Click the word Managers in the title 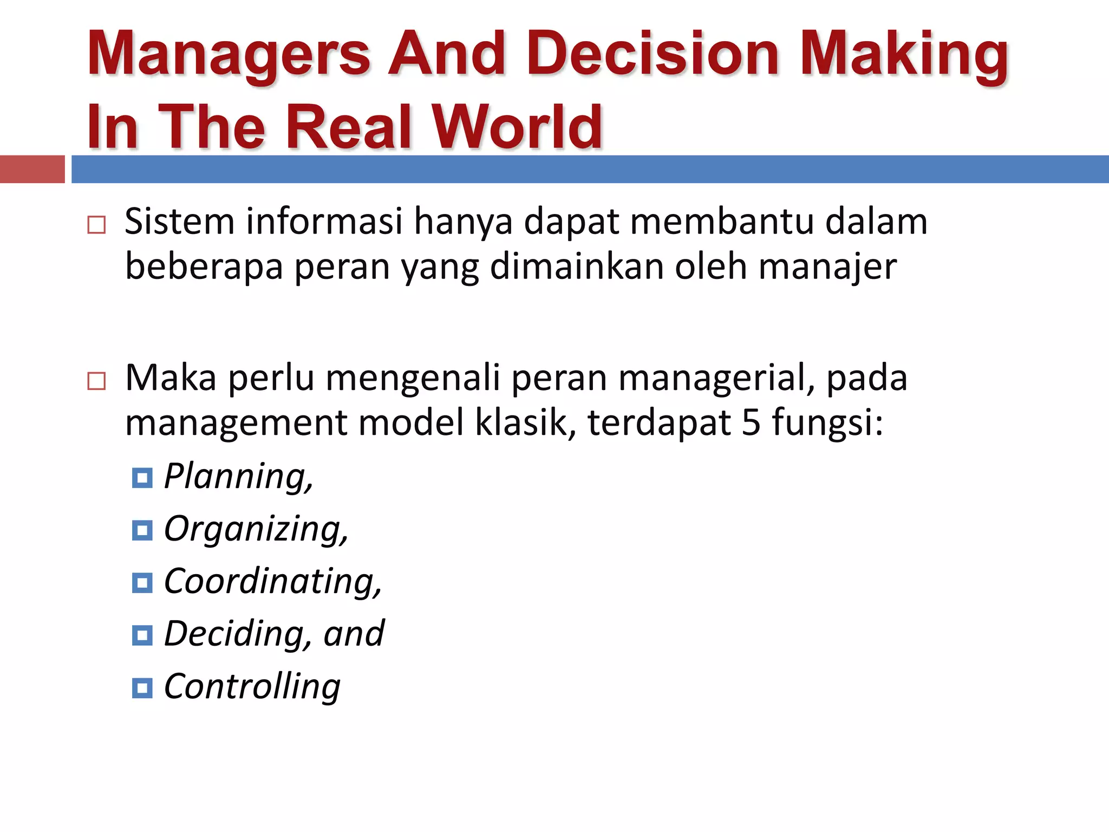[229, 54]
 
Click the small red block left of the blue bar [32, 169]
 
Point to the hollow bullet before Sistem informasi [96, 225]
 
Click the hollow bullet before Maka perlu [96, 381]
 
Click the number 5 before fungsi [751, 422]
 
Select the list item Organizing [256, 529]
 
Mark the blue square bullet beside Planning [142, 478]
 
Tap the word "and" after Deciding [354, 634]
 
